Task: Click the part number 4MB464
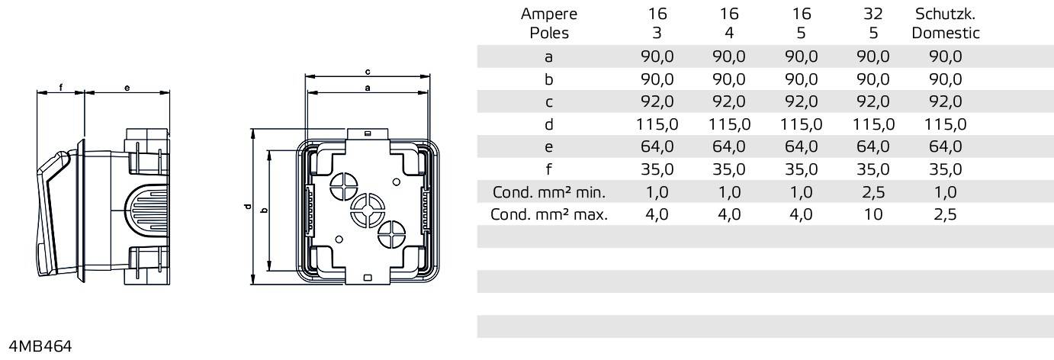coord(40,347)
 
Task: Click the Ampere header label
coord(549,14)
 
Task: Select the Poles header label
coord(549,34)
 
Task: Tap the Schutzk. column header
coord(945,14)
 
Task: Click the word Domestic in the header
coord(945,34)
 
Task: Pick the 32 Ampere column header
coord(873,14)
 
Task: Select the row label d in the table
coord(549,124)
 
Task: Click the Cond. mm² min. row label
coord(549,192)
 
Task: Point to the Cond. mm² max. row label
coord(549,214)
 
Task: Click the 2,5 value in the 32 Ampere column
coord(873,192)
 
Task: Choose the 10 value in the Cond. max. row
coord(873,214)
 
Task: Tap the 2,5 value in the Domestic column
coord(945,214)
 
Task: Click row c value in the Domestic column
coord(945,101)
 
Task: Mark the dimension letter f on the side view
coord(60,88)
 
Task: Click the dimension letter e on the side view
coord(127,88)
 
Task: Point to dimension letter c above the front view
coord(368,72)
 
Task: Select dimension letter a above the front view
coord(368,88)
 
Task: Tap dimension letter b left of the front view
coord(263,211)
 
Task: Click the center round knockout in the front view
coord(367,208)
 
